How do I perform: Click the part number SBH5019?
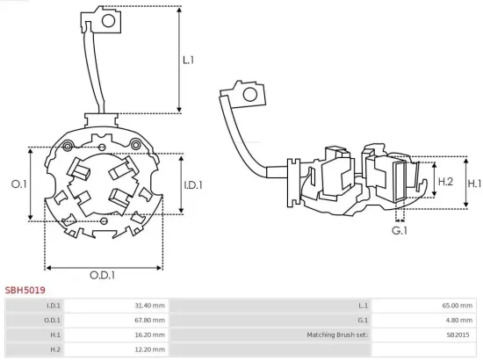pos(25,289)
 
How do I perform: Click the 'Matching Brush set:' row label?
pos(337,335)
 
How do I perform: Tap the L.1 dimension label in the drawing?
pos(188,61)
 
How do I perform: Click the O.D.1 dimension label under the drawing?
pos(102,275)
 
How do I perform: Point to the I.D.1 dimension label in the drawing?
pos(193,184)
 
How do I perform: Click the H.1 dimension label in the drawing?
pos(473,184)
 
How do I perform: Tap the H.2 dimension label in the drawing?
pos(444,181)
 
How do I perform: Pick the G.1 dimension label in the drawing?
pos(400,230)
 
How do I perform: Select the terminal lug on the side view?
pos(245,94)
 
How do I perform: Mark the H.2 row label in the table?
pos(54,349)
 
